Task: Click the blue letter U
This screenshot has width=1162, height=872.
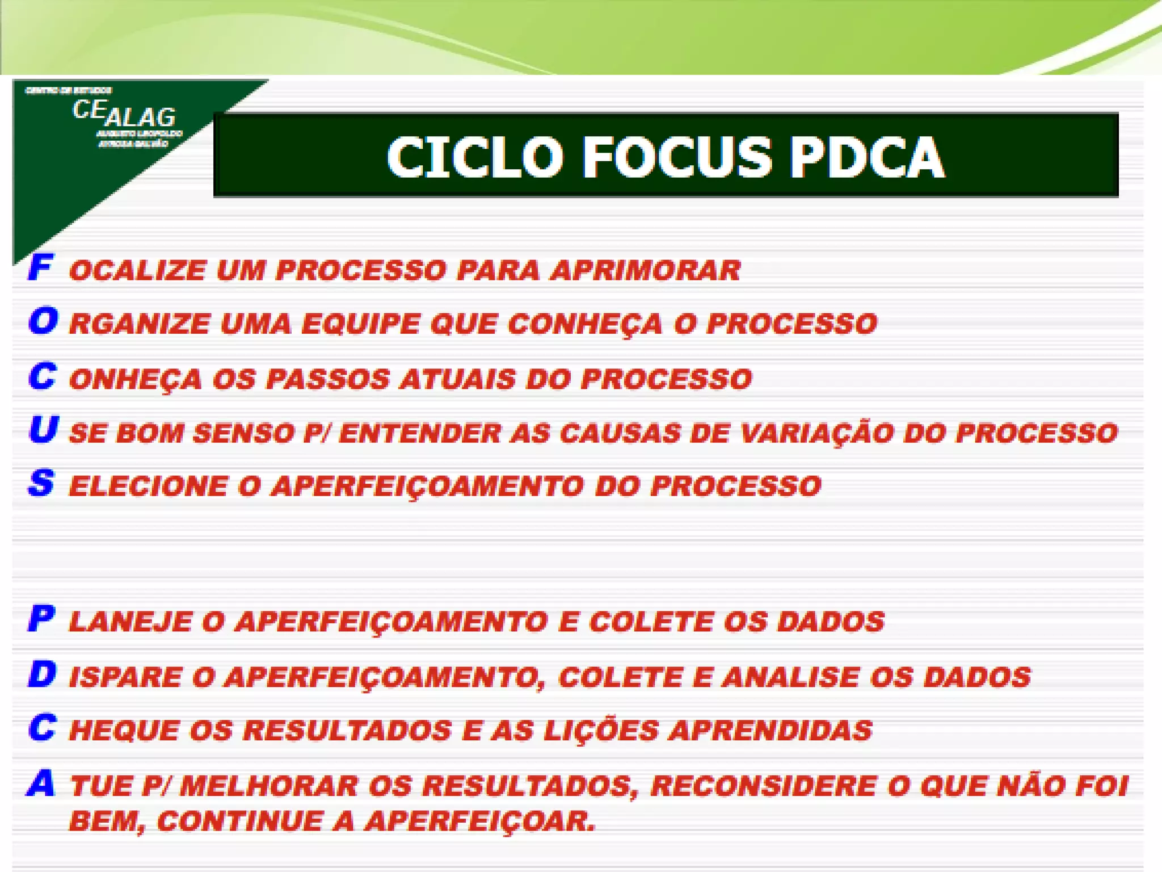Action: click(x=43, y=429)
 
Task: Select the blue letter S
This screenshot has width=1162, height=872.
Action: click(x=41, y=483)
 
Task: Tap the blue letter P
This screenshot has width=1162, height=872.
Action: click(x=41, y=618)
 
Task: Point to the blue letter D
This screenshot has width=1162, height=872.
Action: click(x=43, y=674)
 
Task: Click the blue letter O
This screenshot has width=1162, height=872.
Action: click(x=43, y=321)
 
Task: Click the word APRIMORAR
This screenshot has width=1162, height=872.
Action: click(x=646, y=270)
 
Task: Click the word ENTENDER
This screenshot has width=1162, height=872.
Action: click(x=420, y=433)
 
